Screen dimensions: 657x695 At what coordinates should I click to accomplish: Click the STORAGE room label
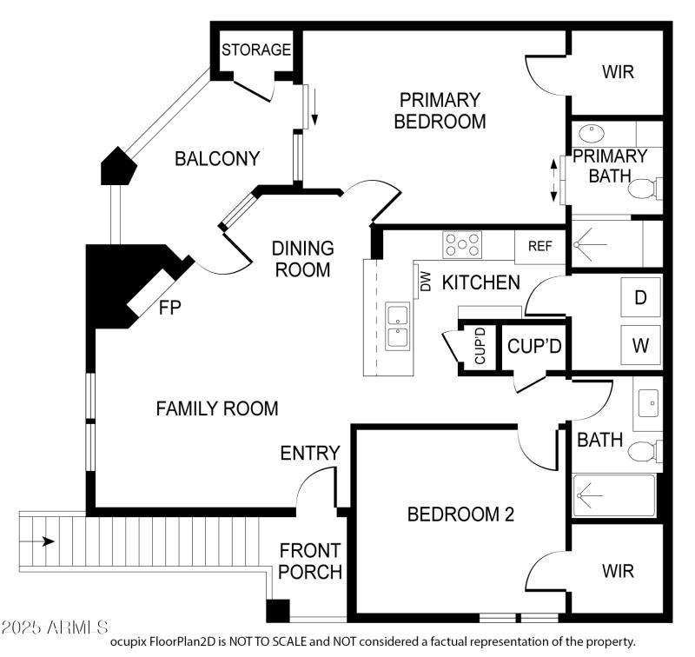pyautogui.click(x=255, y=50)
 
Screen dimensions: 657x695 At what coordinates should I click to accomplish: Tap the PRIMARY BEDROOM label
pyautogui.click(x=440, y=110)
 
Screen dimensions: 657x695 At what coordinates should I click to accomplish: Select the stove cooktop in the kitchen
pyautogui.click(x=461, y=244)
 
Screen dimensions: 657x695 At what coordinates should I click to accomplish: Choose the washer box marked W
pyautogui.click(x=641, y=345)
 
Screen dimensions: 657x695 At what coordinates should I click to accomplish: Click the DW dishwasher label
pyautogui.click(x=426, y=282)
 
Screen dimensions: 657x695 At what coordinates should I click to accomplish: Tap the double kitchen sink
pyautogui.click(x=398, y=326)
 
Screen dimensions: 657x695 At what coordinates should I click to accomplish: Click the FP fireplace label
pyautogui.click(x=170, y=307)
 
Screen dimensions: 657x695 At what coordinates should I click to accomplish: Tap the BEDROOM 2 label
pyautogui.click(x=460, y=514)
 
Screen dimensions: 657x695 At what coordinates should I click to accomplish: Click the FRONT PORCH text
pyautogui.click(x=310, y=561)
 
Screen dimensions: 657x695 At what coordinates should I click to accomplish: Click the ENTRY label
pyautogui.click(x=309, y=453)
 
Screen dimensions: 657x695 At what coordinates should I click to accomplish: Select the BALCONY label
pyautogui.click(x=217, y=159)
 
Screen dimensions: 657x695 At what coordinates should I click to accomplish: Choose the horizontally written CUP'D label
pyautogui.click(x=534, y=347)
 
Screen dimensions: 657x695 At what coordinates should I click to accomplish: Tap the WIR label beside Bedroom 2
pyautogui.click(x=618, y=571)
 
